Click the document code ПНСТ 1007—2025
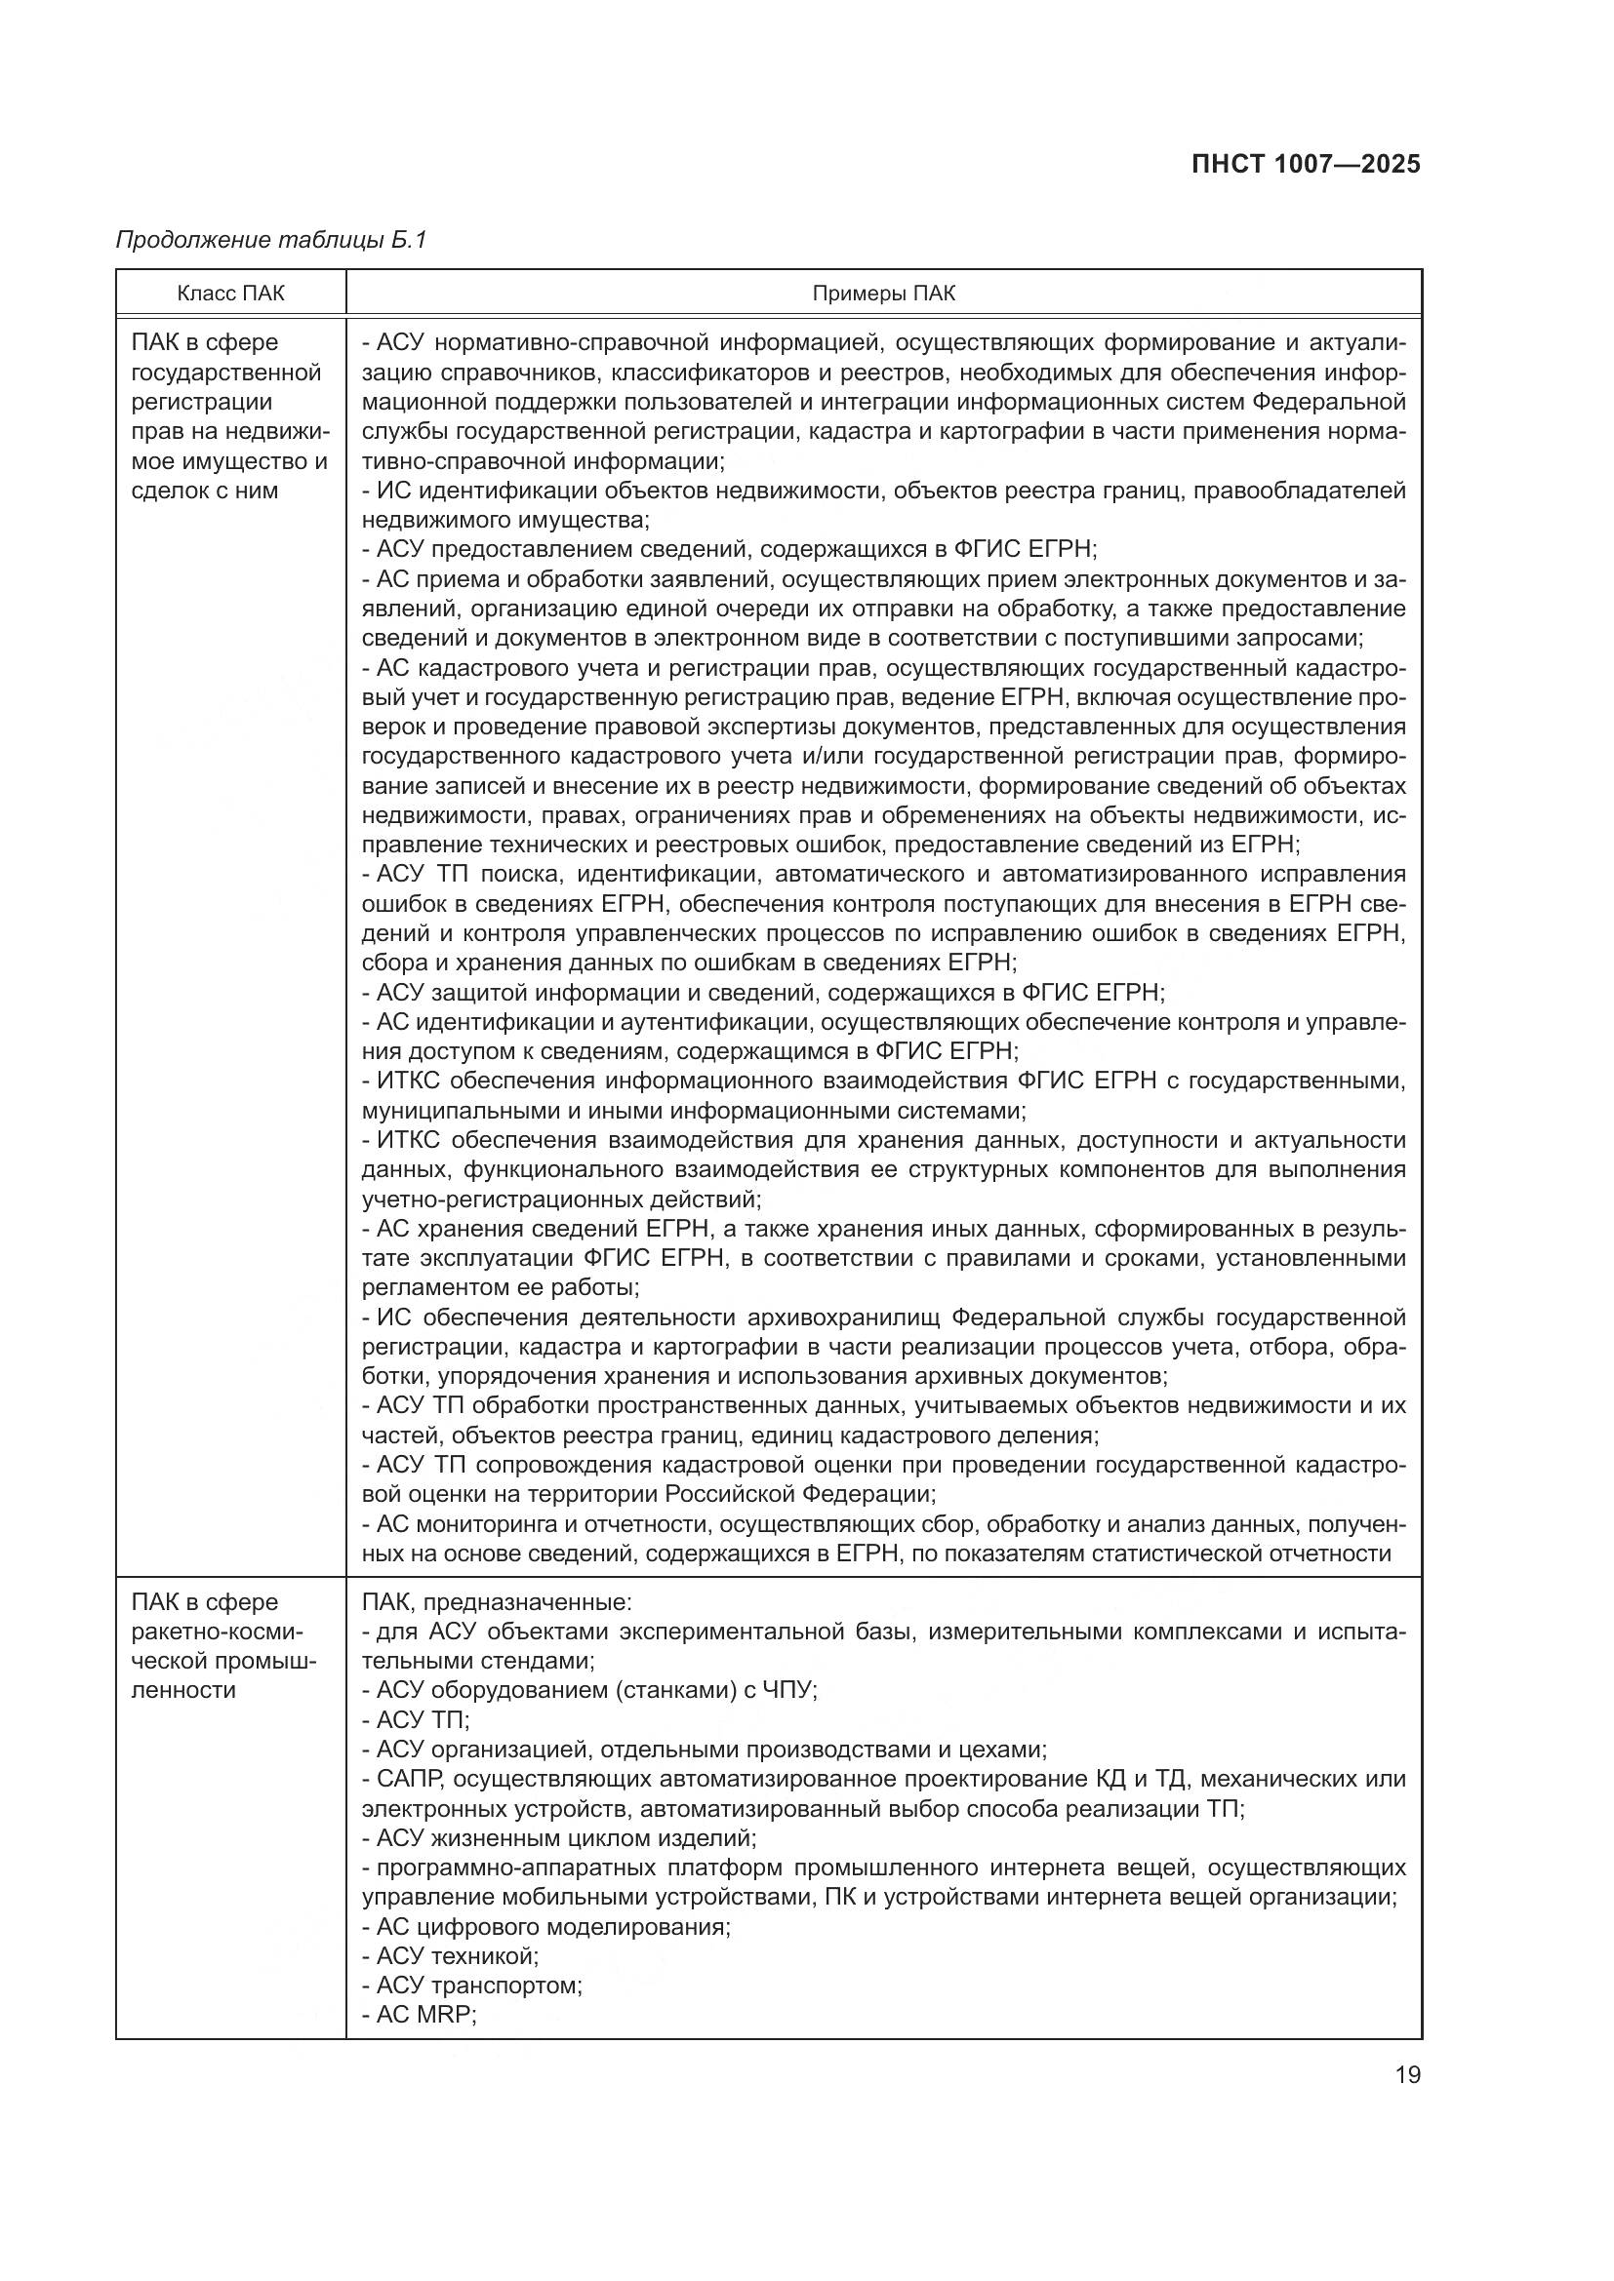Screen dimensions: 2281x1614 [1305, 165]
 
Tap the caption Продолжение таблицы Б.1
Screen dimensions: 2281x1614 [270, 241]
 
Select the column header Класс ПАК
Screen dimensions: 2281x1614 [230, 294]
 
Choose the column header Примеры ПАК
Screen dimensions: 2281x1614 [883, 294]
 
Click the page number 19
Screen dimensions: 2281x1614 [1407, 2074]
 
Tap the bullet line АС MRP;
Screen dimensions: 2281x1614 [420, 2015]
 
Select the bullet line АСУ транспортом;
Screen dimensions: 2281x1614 [472, 1985]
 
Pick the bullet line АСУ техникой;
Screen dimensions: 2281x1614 [450, 1956]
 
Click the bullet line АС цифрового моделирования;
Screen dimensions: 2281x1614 [546, 1926]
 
